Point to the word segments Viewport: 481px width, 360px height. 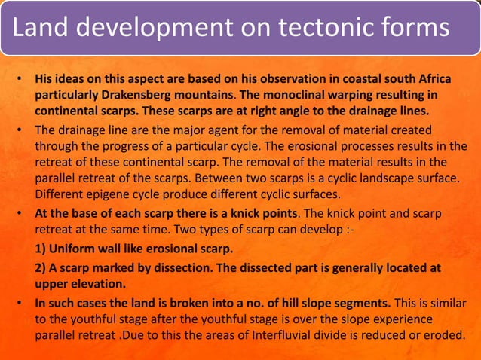coord(359,303)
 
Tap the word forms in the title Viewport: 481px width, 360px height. coord(412,28)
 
